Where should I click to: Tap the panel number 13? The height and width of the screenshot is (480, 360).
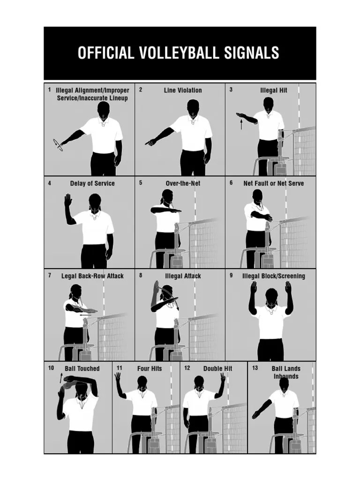pyautogui.click(x=255, y=368)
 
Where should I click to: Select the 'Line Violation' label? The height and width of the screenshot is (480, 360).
pyautogui.click(x=183, y=90)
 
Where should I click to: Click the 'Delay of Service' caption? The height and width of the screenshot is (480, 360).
pyautogui.click(x=92, y=183)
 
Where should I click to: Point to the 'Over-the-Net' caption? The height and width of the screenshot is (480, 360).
pyautogui.click(x=183, y=183)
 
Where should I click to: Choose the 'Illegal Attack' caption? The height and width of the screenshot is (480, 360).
pyautogui.click(x=183, y=276)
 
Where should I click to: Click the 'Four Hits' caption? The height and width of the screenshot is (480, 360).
pyautogui.click(x=150, y=368)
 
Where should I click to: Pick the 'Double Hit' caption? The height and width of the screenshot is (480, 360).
pyautogui.click(x=217, y=368)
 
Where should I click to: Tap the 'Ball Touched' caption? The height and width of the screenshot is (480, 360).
pyautogui.click(x=82, y=368)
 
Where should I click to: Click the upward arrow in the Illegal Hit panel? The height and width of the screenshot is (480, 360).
pyautogui.click(x=242, y=124)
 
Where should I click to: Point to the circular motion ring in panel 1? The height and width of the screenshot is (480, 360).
pyautogui.click(x=58, y=145)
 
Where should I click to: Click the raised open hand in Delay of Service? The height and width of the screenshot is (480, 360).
pyautogui.click(x=68, y=201)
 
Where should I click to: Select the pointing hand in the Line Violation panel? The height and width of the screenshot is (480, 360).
pyautogui.click(x=150, y=142)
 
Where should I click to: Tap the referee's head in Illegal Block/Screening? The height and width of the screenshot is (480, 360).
pyautogui.click(x=271, y=296)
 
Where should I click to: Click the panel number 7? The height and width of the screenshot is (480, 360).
pyautogui.click(x=50, y=276)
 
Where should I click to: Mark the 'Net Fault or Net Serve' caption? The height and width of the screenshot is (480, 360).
pyautogui.click(x=273, y=183)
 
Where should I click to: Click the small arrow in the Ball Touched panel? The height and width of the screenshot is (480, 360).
pyautogui.click(x=61, y=377)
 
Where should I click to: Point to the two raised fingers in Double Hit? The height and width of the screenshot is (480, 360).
pyautogui.click(x=223, y=377)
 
